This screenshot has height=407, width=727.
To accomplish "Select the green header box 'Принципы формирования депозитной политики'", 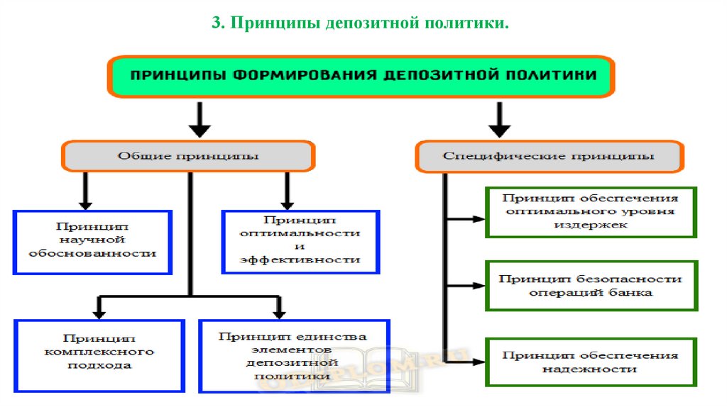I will coord(361,77).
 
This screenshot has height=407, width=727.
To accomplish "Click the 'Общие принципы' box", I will coord(187,156).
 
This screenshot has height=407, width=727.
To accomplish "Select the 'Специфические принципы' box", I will coord(549,156).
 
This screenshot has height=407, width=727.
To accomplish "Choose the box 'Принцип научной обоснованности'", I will coord(93,242).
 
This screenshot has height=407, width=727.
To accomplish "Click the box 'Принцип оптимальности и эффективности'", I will coord(301,242).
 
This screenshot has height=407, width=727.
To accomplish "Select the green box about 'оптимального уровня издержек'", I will coord(591,212).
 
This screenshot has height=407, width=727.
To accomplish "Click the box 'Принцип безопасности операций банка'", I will coord(591,286).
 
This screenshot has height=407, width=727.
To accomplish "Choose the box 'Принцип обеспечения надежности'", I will coord(591,362).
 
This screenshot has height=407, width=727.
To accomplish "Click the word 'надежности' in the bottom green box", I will coord(590,369).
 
